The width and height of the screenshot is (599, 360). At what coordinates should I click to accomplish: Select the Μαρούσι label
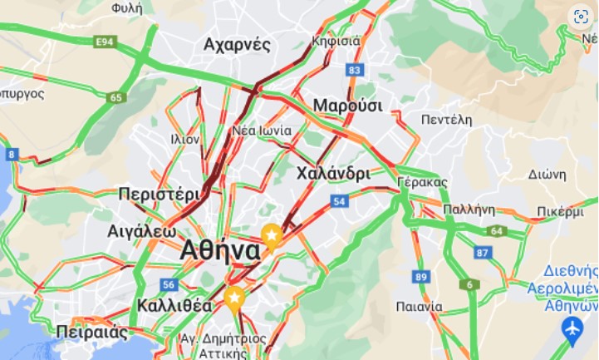tap(347, 106)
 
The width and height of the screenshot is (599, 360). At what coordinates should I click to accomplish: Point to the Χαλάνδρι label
tap(332, 174)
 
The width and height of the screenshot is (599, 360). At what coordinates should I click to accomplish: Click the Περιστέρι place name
tap(159, 193)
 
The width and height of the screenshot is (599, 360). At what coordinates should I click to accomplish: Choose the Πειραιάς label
tap(92, 333)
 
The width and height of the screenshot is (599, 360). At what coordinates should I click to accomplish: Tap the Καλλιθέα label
tap(174, 304)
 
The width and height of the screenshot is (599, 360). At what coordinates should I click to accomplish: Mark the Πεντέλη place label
tap(446, 120)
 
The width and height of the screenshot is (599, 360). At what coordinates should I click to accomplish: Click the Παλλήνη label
tap(469, 209)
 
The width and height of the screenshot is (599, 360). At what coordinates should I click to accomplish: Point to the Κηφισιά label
tap(336, 41)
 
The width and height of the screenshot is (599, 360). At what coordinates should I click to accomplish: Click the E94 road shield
tap(105, 42)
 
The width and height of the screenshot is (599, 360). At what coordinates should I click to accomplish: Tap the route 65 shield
tap(115, 97)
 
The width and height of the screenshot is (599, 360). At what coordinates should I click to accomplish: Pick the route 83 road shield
tap(356, 70)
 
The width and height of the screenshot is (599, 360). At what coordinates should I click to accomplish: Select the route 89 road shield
tap(421, 277)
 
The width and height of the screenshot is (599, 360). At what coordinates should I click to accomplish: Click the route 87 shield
tap(484, 252)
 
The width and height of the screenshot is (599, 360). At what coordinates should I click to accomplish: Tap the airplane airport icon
tap(572, 330)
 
